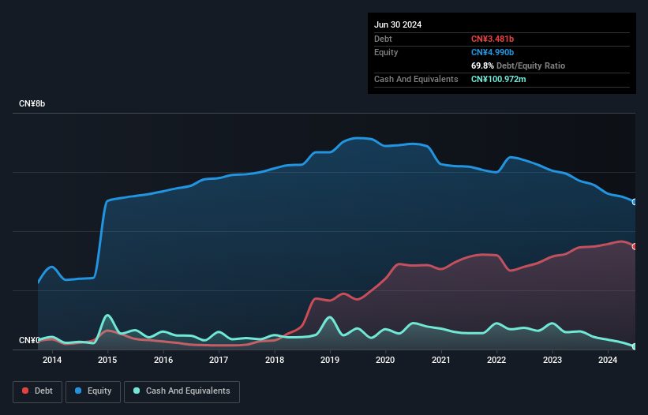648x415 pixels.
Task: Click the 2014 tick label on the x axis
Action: [x=52, y=361]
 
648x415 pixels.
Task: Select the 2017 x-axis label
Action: [x=219, y=361]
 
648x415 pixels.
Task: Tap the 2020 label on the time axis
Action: [x=385, y=361]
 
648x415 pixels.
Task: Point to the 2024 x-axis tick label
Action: [x=608, y=361]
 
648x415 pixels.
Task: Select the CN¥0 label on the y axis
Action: [x=29, y=341]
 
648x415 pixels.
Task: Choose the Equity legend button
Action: [x=93, y=391]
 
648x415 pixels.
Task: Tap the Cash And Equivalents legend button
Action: [x=182, y=391]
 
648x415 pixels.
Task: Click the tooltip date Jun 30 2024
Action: [x=398, y=24]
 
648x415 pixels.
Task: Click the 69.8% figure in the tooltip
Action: [x=482, y=65]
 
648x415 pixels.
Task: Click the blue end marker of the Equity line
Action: [x=635, y=202]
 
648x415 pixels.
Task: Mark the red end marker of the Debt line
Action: [x=635, y=246]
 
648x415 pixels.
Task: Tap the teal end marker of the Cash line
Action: [x=635, y=346]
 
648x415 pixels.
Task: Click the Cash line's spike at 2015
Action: [x=107, y=316]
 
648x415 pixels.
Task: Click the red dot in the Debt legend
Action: [x=25, y=391]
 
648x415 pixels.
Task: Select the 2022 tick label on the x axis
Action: [x=496, y=361]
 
